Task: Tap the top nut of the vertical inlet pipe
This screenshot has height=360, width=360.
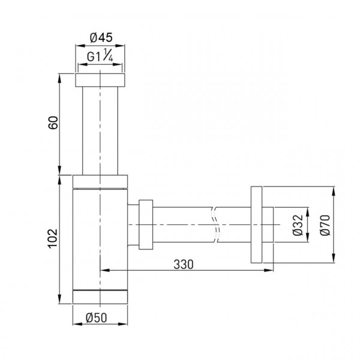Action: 100,80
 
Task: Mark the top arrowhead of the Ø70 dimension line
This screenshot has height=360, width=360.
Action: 333,190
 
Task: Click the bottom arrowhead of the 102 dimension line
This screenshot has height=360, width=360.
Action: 61,302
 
